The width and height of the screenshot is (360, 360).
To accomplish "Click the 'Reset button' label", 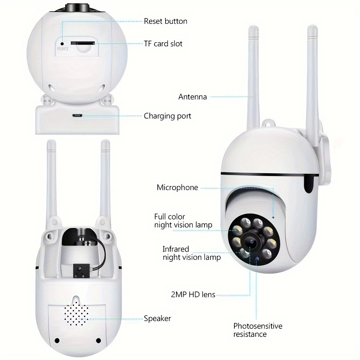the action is coord(165,21).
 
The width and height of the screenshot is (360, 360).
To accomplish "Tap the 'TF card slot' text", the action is coord(163,44).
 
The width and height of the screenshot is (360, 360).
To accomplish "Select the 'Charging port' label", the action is coord(167,116).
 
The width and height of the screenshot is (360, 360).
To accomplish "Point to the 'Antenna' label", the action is coord(192,96).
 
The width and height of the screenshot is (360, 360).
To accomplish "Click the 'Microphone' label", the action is coord(177,187).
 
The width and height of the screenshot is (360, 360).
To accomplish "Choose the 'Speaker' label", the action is coord(157,319).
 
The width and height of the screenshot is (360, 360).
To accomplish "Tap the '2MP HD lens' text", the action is coord(193,294).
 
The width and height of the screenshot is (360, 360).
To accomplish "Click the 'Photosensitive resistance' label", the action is coord(258,330).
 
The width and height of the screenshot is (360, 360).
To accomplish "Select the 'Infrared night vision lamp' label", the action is coord(192,253).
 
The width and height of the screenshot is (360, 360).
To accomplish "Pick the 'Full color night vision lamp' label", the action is coord(183,221).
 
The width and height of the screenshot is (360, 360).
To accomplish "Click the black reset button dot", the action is coord(62,44).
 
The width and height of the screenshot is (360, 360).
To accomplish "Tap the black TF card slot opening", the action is coord(83,43).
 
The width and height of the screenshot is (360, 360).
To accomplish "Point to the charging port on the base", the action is coord(77,116).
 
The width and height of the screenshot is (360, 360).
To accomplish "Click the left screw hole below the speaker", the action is coord(57,341).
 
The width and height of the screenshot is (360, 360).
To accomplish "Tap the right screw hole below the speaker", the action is coord(98,341).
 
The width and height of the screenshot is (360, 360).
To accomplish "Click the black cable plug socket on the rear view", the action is coord(81,271).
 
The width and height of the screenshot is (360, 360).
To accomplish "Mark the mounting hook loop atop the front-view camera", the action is coord(269,123).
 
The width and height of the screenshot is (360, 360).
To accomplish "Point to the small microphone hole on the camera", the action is coord(273,217).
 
